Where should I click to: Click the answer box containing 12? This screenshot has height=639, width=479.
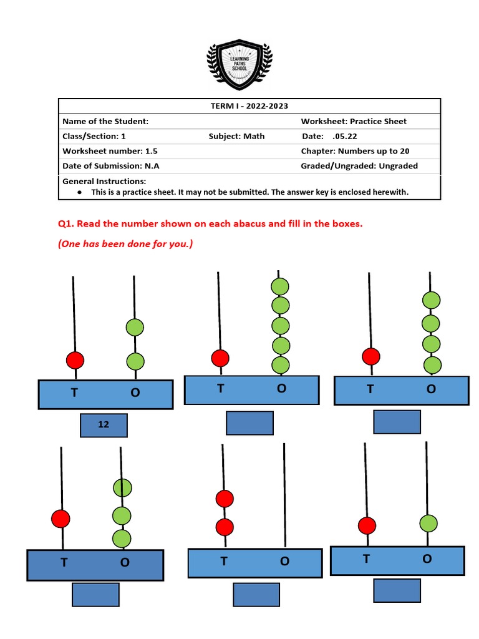tap(104, 425)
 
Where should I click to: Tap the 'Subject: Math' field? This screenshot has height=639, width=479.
tap(236, 136)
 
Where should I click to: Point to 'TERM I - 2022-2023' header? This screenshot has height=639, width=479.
tap(249, 106)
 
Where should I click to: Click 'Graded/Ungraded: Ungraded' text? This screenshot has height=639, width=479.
tap(359, 166)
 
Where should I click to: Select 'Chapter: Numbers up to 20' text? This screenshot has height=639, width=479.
tap(355, 151)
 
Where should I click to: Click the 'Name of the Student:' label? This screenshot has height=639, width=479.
tap(105, 121)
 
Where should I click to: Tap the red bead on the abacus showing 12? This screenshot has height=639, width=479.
tap(75, 360)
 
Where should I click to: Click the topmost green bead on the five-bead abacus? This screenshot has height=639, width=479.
tap(280, 286)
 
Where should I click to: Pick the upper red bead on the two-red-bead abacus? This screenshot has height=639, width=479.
tap(225, 499)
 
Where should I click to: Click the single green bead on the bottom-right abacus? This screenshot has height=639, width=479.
tap(428, 523)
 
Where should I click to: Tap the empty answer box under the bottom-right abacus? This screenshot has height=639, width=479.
tap(397, 590)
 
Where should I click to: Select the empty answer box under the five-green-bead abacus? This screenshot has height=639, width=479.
tap(249, 423)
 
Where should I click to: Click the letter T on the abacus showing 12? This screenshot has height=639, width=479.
tap(75, 393)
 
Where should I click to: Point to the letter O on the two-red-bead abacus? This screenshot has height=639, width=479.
tap(284, 561)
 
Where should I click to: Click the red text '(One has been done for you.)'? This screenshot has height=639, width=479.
tap(125, 244)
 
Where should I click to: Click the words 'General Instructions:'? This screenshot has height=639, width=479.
tap(104, 181)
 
